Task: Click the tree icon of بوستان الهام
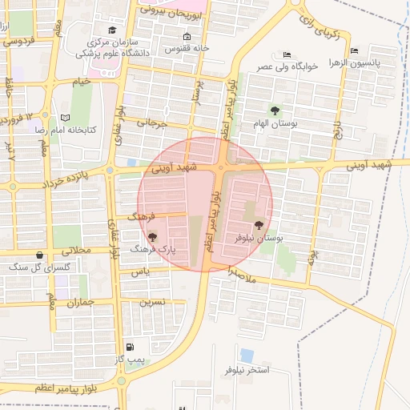pyautogui.click(x=276, y=111)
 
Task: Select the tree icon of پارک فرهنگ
pyautogui.click(x=152, y=237)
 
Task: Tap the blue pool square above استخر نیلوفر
pyautogui.click(x=247, y=354)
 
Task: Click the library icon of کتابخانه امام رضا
pyautogui.click(x=54, y=117)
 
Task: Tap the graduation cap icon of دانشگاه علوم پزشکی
pyautogui.click(x=111, y=30)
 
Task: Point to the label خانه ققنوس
pyautogui.click(x=187, y=48)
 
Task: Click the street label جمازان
pyautogui.click(x=82, y=302)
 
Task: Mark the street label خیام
pyautogui.click(x=82, y=82)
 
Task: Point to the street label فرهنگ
pyautogui.click(x=142, y=217)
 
